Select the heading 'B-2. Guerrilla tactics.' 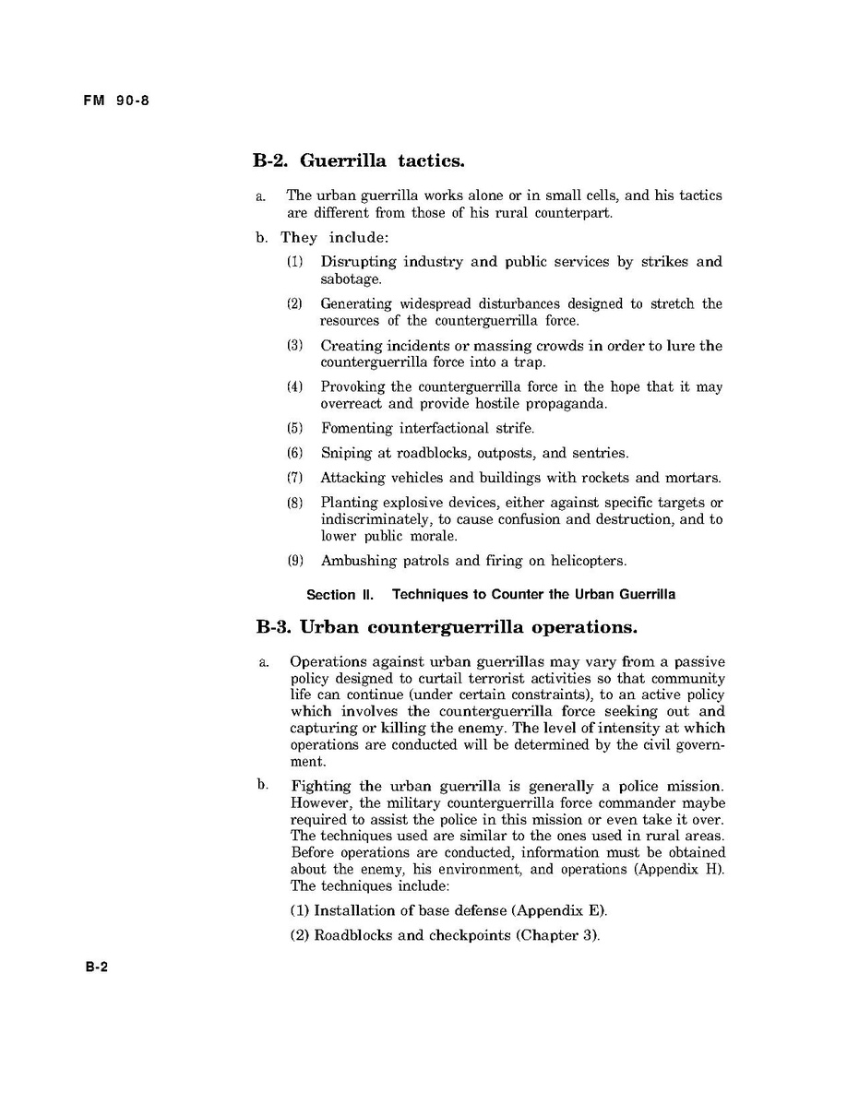358,160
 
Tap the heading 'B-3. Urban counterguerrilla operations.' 446,627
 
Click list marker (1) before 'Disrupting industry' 294,262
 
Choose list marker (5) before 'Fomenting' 294,428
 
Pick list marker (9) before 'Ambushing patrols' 294,560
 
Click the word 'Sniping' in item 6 344,453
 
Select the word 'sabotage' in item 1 350,279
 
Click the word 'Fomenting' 356,428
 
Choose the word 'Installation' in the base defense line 354,910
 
